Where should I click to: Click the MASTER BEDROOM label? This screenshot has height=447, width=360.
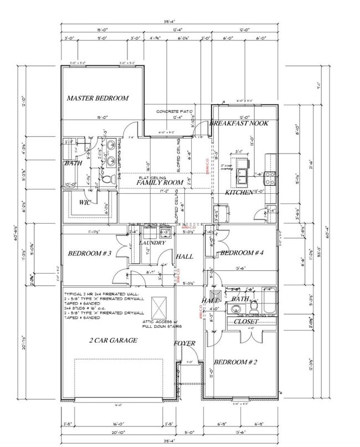[97, 98]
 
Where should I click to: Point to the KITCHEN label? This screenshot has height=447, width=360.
[239, 192]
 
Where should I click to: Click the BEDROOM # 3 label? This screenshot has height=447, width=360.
[90, 254]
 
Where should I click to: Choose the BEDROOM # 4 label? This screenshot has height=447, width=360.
[241, 253]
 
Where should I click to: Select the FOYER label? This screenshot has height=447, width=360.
[184, 343]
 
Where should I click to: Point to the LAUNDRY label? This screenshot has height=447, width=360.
[153, 243]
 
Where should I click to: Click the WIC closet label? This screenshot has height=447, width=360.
[85, 202]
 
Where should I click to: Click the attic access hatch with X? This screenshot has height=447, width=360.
[159, 306]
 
